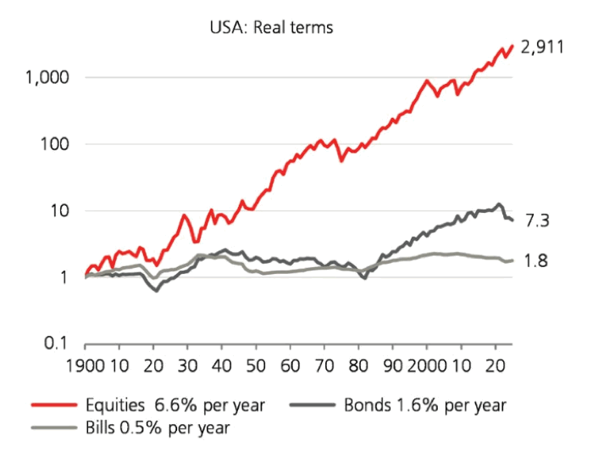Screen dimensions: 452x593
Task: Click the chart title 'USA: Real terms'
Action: pos(272,27)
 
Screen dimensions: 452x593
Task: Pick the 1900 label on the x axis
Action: pos(85,370)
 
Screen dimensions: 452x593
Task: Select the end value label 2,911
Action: pos(543,48)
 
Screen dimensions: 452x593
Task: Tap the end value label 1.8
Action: pos(535,260)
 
